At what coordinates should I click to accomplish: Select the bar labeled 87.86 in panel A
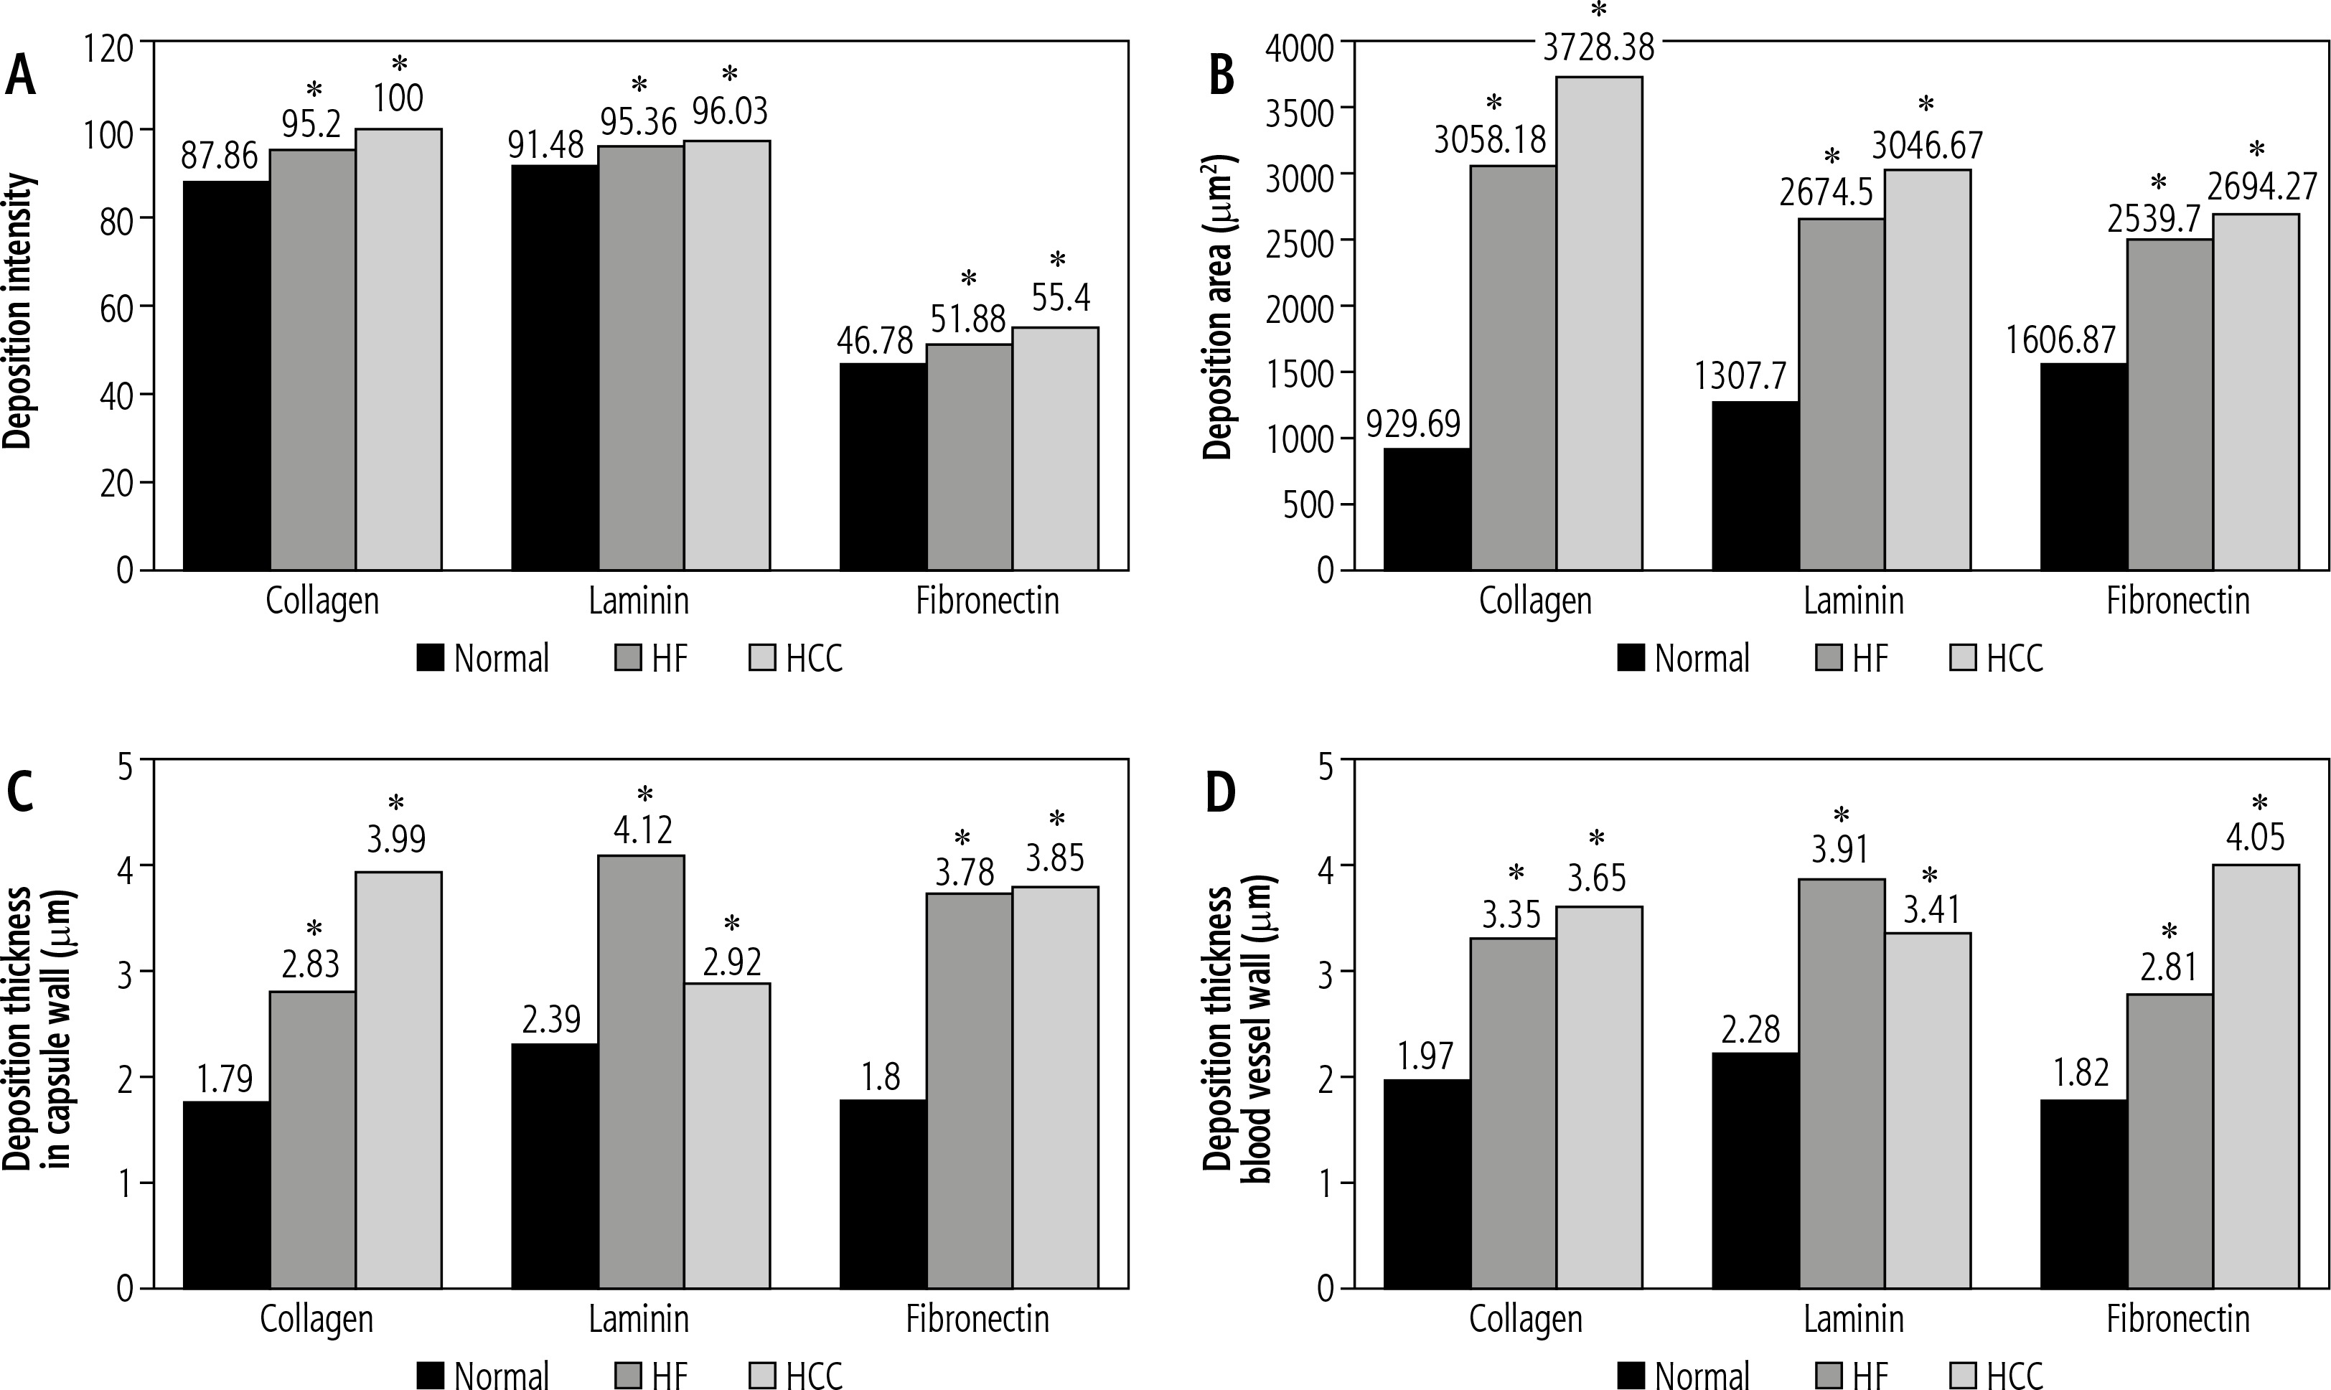[227, 375]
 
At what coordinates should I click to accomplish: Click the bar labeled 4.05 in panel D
[2255, 1076]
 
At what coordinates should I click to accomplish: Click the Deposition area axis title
[1219, 307]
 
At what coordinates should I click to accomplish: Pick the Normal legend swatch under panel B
[1631, 659]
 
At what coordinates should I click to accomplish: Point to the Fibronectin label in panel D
[2177, 1320]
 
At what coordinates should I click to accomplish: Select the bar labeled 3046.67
[1928, 370]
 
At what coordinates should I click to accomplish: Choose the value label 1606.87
[2061, 340]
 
